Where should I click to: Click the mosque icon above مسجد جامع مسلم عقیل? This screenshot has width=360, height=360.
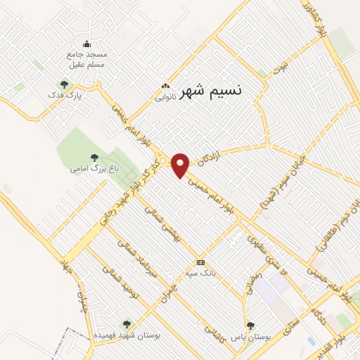coord(86,44)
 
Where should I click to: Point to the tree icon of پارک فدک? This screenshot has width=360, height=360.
coord(65,84)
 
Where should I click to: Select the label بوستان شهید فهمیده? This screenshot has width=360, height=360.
coord(127,335)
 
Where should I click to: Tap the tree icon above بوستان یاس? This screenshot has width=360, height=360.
coord(250,326)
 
